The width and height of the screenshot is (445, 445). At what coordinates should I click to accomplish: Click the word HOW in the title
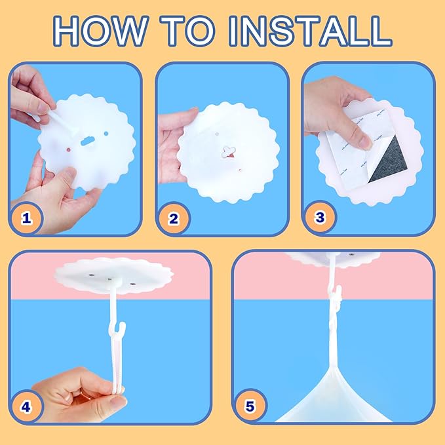[x=101, y=31]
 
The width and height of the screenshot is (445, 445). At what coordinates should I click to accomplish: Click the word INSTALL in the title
[x=311, y=31]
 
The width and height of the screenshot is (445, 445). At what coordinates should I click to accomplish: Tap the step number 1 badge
[x=26, y=218]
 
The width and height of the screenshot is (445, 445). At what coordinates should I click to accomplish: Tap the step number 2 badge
[x=173, y=218]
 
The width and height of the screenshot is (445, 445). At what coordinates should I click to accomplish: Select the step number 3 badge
[x=320, y=218]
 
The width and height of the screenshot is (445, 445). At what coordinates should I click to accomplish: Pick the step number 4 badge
[x=26, y=407]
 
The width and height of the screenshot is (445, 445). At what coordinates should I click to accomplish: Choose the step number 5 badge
[x=250, y=406]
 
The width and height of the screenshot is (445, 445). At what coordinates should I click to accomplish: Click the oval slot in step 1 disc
[x=88, y=141]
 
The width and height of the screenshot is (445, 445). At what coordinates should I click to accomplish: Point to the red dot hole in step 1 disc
[x=68, y=149]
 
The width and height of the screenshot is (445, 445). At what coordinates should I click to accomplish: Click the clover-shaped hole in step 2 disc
[x=229, y=151]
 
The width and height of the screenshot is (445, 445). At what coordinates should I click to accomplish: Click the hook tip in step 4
[x=124, y=324]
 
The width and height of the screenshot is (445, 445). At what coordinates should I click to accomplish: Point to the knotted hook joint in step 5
[x=335, y=299]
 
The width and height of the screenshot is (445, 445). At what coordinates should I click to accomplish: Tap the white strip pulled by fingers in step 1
[x=62, y=121]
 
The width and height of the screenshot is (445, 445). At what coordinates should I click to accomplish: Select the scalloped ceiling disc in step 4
[x=113, y=275]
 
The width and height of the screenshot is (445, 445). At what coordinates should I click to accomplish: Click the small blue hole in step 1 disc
[x=106, y=134]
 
